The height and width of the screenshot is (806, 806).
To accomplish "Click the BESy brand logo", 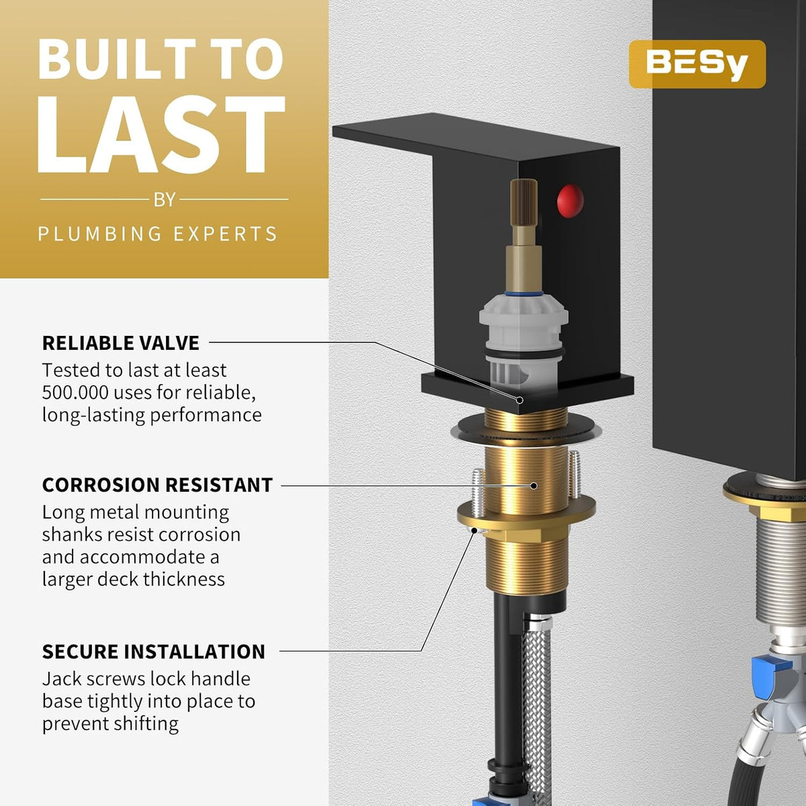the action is (697, 64).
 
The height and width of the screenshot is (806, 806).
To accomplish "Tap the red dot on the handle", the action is (570, 201).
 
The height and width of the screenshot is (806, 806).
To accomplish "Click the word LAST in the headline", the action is (161, 135).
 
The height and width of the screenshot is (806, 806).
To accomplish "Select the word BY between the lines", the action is (165, 200).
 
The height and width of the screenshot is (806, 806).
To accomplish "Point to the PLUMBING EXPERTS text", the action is (158, 233).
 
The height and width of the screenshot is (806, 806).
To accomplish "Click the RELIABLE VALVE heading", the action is (121, 343).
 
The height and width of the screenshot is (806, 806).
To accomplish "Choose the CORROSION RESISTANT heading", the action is (157, 485).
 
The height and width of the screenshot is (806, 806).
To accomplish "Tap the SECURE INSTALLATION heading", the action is (154, 652).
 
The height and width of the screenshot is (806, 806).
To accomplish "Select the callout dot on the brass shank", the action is (534, 486).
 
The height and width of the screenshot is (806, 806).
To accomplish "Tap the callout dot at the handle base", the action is (520, 400).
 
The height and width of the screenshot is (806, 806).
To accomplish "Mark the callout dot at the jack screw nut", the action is (474, 531).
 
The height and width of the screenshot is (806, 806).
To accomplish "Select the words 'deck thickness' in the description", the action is (161, 580).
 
